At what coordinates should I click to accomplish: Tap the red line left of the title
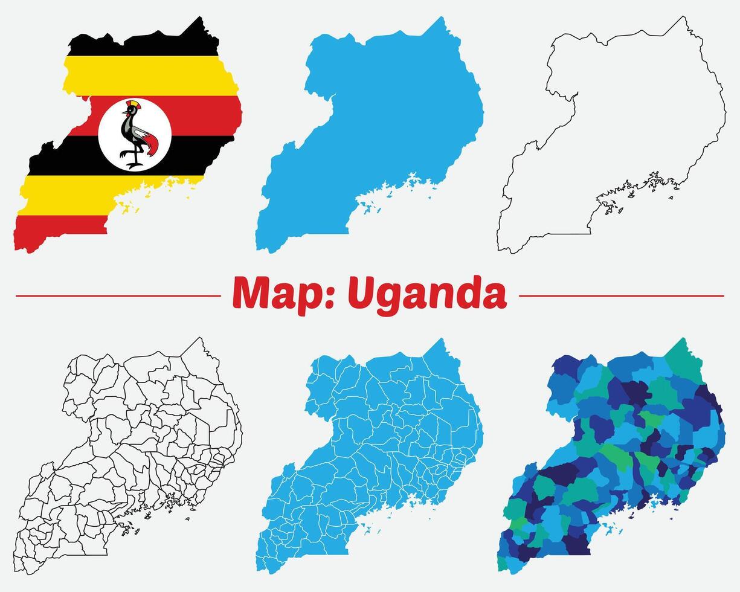[118, 296]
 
